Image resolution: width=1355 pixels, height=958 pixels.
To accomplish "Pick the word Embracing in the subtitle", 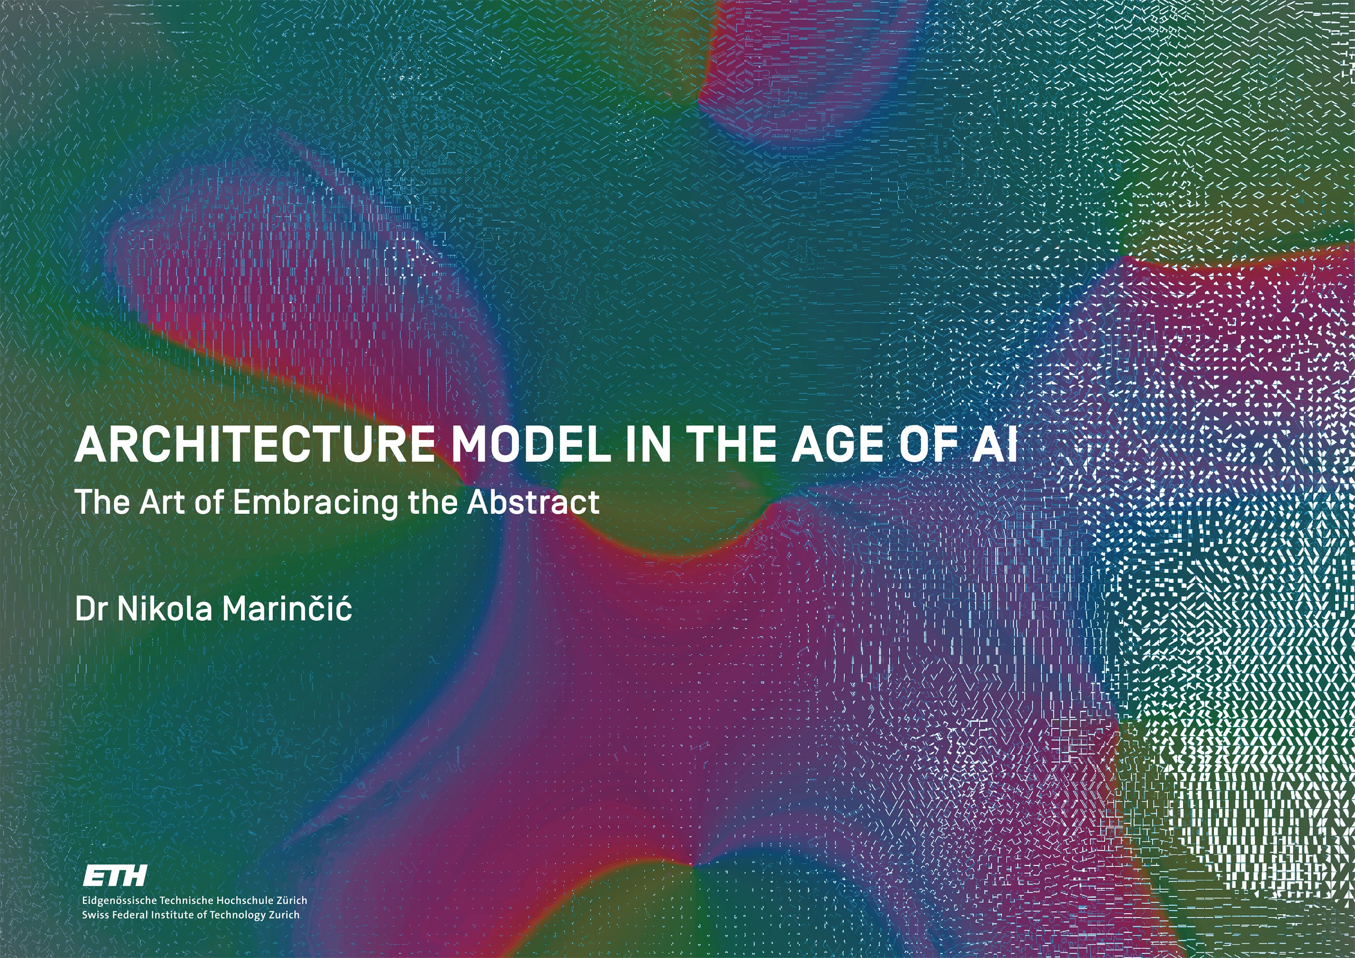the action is (316, 503).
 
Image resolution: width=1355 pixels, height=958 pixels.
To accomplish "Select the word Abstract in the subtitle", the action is (533, 501).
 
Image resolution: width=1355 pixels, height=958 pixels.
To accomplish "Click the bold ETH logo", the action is (115, 876).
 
